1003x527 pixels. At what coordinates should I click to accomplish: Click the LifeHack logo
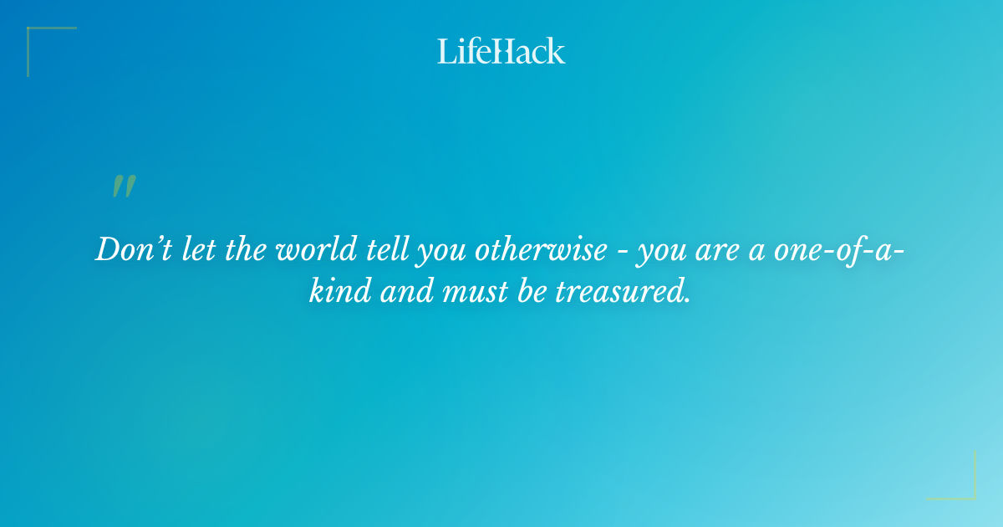(501, 51)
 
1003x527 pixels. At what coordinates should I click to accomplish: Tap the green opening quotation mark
(124, 187)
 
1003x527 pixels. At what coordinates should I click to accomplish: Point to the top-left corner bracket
(42, 42)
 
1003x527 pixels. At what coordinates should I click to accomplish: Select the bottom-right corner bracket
(961, 485)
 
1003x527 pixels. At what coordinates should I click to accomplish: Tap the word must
(488, 293)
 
